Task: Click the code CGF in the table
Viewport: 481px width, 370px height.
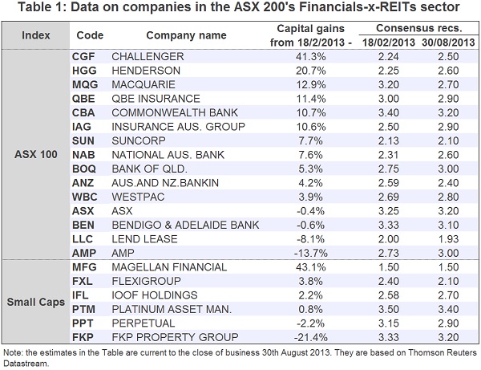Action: [x=83, y=57]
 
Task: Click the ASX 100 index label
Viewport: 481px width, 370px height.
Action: [x=37, y=153]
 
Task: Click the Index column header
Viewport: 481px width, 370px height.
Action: [x=36, y=35]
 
